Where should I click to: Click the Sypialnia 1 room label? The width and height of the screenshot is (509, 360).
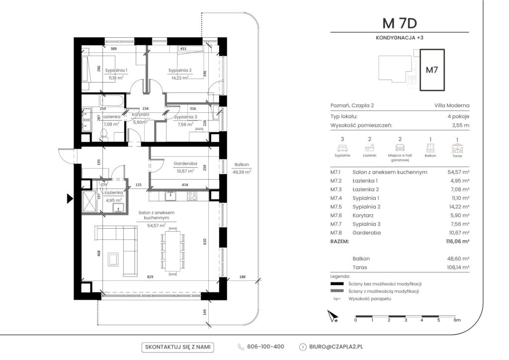click(x=116, y=70)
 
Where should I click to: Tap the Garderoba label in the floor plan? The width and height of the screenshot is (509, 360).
click(x=185, y=164)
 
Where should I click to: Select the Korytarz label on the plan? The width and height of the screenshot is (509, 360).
click(x=140, y=114)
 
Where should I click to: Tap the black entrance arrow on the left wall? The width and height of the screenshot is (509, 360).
click(x=70, y=199)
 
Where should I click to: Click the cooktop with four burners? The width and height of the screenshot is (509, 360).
click(x=192, y=196)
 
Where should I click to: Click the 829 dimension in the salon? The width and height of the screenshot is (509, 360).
click(x=150, y=277)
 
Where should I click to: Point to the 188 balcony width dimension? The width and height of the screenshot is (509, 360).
click(x=242, y=277)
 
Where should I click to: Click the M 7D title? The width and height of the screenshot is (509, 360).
click(x=400, y=23)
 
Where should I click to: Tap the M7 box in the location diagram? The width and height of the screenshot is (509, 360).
click(x=432, y=70)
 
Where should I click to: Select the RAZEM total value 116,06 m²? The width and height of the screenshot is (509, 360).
click(x=458, y=241)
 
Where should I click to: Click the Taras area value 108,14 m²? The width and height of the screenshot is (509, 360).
click(x=458, y=267)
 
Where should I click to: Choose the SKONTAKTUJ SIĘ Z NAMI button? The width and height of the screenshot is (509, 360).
click(x=177, y=347)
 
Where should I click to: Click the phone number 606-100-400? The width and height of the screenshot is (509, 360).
click(x=265, y=347)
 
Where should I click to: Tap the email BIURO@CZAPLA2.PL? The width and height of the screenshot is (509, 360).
click(x=336, y=347)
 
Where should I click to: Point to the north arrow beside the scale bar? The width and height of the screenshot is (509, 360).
click(x=333, y=316)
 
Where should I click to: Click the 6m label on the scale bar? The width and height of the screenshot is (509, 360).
click(x=457, y=320)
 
